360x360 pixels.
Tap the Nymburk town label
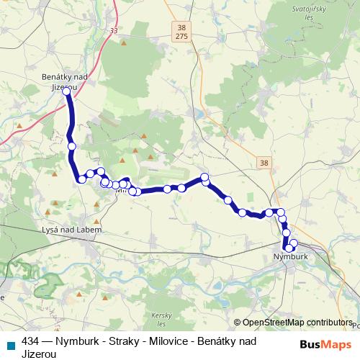point(291,256)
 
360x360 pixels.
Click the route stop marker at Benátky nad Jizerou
point(66,91)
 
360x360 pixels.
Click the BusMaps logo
point(325,344)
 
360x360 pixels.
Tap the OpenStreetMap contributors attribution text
point(296,323)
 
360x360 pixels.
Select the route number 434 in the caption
point(31,341)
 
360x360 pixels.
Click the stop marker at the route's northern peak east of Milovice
point(204,177)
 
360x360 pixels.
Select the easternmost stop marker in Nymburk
point(294,243)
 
